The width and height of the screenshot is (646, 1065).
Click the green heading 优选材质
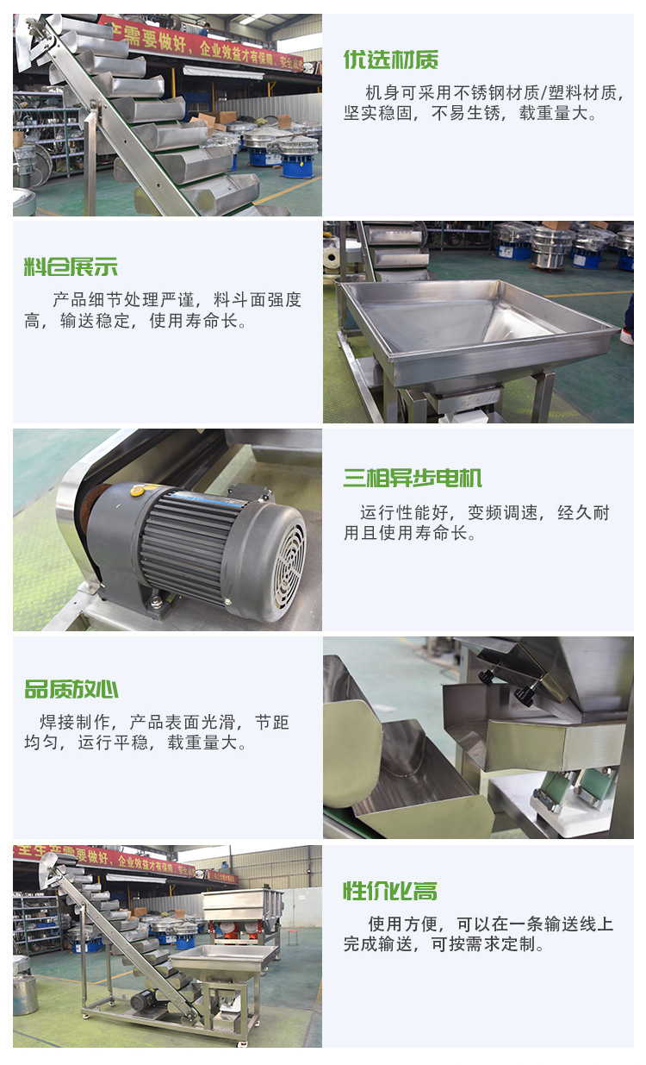(x=391, y=60)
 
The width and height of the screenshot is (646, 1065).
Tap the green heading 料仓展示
(x=71, y=267)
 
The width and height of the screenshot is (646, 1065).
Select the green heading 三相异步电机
(x=413, y=478)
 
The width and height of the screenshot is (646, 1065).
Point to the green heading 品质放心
(x=71, y=689)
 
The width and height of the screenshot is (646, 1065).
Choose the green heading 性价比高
(x=390, y=891)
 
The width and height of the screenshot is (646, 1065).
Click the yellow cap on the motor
(x=138, y=490)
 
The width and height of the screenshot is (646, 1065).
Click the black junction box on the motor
(x=251, y=493)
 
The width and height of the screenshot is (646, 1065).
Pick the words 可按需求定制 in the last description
(x=482, y=943)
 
